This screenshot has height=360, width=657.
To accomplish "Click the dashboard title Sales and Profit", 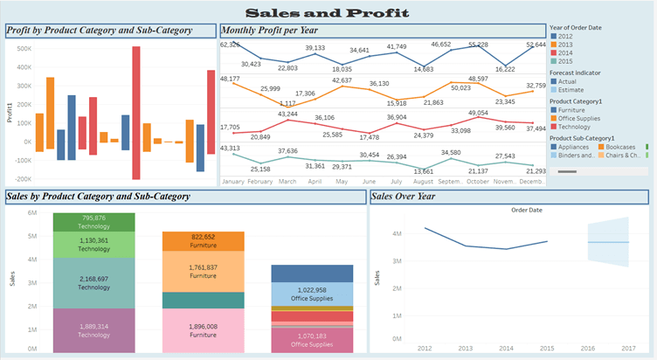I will click(328, 12).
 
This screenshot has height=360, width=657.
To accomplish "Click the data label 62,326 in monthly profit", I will click(230, 45).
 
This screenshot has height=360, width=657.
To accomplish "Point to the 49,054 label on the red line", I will click(478, 113).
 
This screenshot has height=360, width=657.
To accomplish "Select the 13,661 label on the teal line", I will click(423, 170).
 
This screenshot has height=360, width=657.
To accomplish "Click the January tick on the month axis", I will click(232, 181).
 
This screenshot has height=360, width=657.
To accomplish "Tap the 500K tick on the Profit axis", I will click(24, 49).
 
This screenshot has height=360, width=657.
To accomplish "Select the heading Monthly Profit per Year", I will click(275, 31).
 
